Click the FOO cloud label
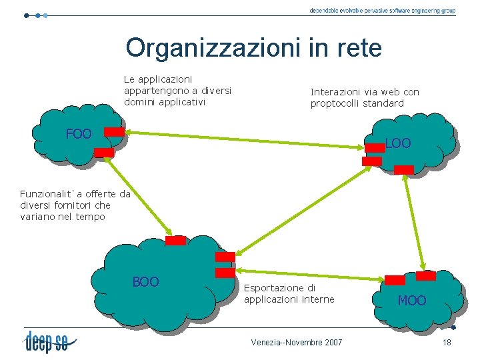pyautogui.click(x=79, y=134)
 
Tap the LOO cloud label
pyautogui.click(x=398, y=143)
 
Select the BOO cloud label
pyautogui.click(x=145, y=282)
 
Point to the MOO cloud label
pyautogui.click(x=411, y=301)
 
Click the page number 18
pyautogui.click(x=447, y=342)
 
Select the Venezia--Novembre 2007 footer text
pyautogui.click(x=297, y=342)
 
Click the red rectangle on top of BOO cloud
pyautogui.click(x=175, y=241)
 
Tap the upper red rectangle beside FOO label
pyautogui.click(x=115, y=132)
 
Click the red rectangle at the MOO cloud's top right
pyautogui.click(x=425, y=275)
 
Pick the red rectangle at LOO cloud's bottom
pyautogui.click(x=404, y=169)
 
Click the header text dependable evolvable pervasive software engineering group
pyautogui.click(x=382, y=11)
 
